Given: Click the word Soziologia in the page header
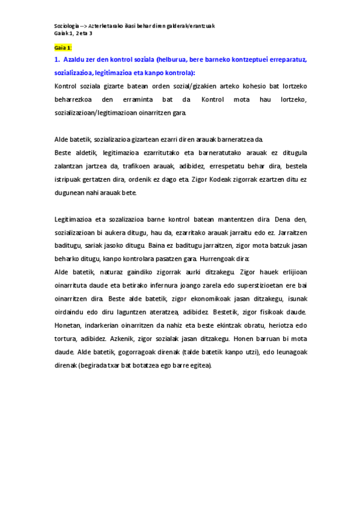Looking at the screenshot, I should pyautogui.click(x=66, y=26).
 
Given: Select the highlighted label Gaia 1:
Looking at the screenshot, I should pyautogui.click(x=63, y=47).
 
